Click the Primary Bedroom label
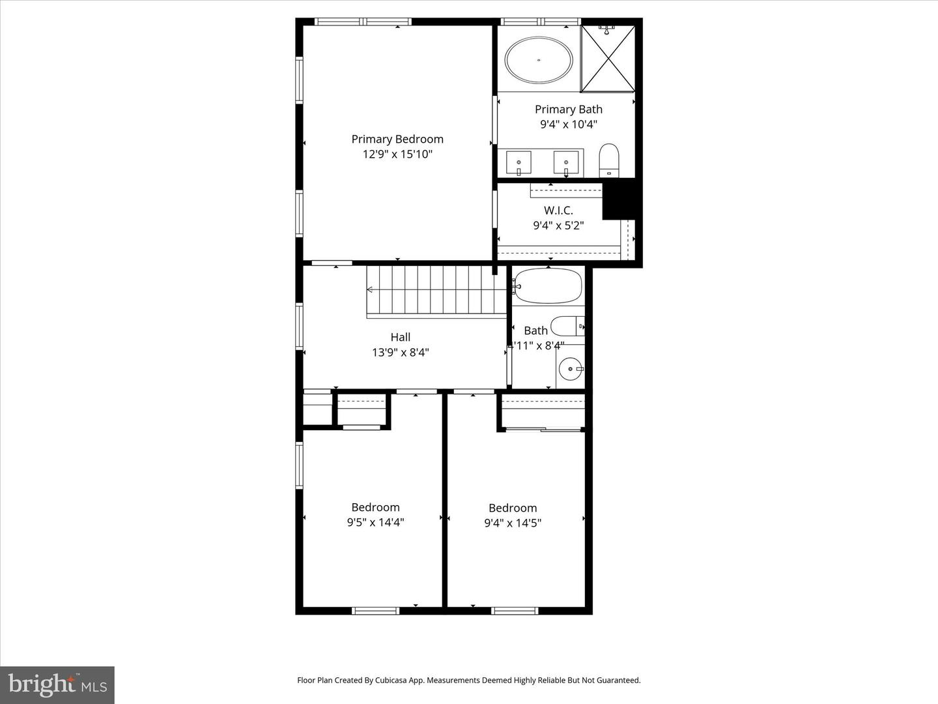(x=397, y=139)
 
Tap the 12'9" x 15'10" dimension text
(x=397, y=154)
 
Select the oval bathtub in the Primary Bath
(x=539, y=60)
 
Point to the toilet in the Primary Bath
(x=608, y=160)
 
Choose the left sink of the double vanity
(x=519, y=162)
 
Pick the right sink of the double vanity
(x=566, y=162)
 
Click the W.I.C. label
(x=558, y=211)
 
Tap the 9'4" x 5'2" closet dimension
(x=558, y=226)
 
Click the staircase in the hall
(x=436, y=291)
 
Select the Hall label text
(x=400, y=337)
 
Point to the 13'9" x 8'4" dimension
(x=400, y=353)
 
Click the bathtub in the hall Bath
(x=547, y=286)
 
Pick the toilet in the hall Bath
(x=567, y=325)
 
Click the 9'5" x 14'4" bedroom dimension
(x=375, y=522)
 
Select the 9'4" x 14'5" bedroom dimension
(x=513, y=523)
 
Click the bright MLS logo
(x=57, y=684)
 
